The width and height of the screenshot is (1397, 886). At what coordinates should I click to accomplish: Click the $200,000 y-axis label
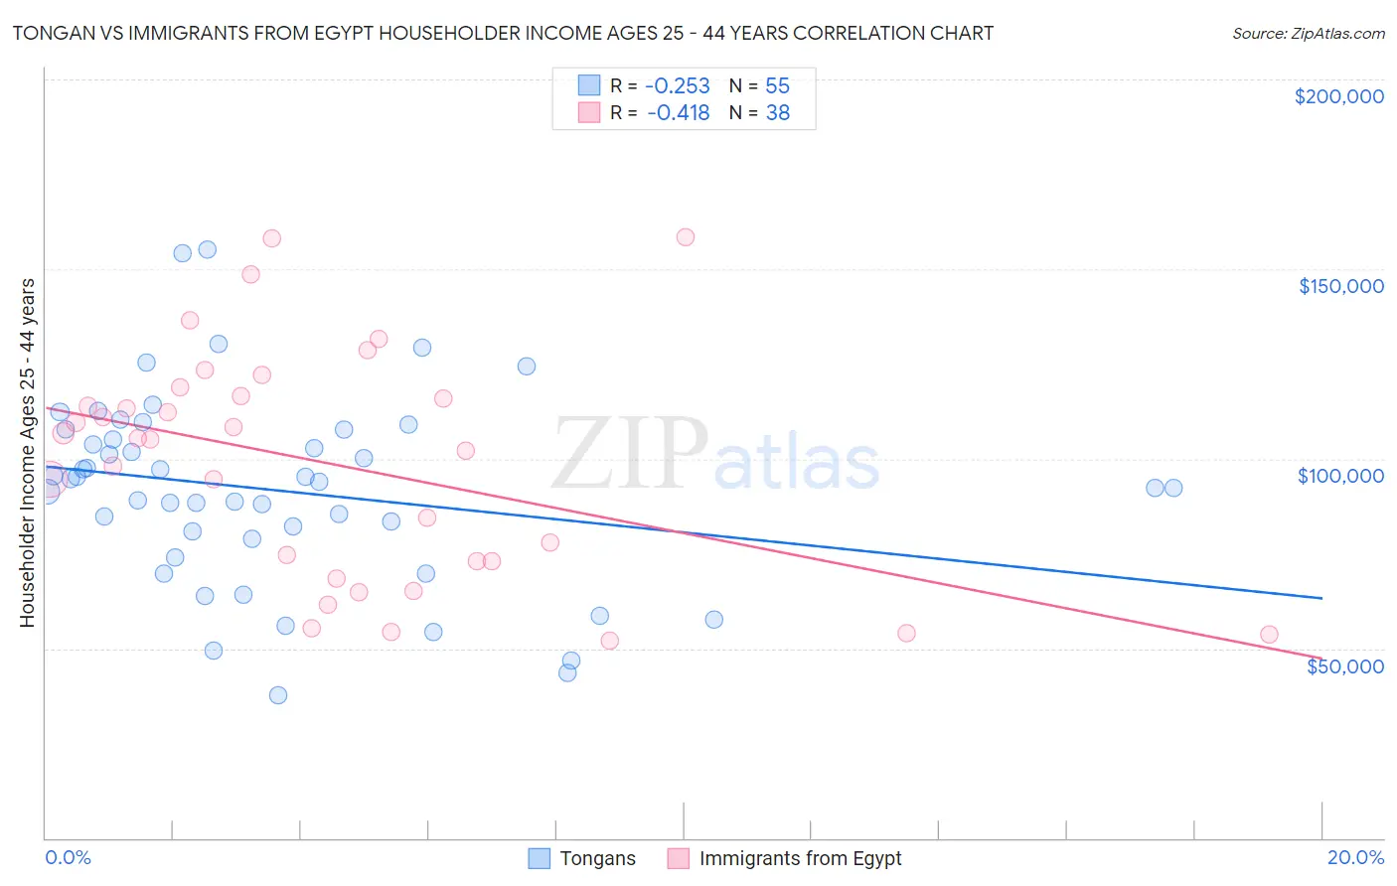(1338, 96)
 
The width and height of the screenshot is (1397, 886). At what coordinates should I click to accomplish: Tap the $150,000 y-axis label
(1340, 286)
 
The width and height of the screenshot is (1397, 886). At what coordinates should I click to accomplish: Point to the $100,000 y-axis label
(1340, 476)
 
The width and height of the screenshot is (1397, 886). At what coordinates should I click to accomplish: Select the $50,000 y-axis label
(1344, 666)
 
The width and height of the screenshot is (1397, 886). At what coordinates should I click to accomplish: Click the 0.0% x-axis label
(68, 857)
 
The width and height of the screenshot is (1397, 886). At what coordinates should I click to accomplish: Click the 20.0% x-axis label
(1355, 857)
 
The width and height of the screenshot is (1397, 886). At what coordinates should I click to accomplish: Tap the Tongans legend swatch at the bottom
(539, 858)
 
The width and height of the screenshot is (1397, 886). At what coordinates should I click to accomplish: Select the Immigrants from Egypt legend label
(800, 858)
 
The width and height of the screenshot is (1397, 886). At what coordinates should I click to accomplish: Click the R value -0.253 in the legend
(678, 85)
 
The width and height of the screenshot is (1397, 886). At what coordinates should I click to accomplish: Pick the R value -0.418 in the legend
(678, 113)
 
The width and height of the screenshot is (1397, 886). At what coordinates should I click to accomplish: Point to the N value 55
(777, 85)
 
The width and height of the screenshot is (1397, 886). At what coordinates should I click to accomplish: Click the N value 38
(777, 113)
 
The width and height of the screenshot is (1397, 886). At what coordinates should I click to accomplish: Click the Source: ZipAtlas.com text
(1308, 33)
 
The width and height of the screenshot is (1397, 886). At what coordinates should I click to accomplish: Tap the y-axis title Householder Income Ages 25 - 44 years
(27, 453)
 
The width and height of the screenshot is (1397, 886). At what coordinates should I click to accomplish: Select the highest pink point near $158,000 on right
(685, 237)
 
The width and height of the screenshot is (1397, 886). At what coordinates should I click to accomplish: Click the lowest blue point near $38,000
(278, 695)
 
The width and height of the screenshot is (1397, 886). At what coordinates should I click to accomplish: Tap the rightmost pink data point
(1269, 635)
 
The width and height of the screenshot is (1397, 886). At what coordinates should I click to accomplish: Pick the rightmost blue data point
(1173, 488)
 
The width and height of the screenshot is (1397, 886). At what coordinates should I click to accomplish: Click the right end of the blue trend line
(1321, 598)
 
